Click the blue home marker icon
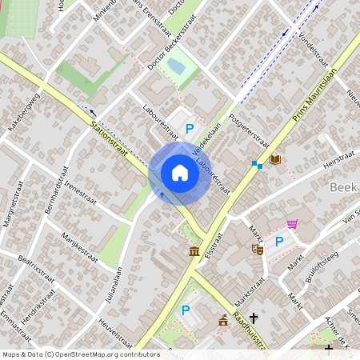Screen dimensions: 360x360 [x=179, y=174]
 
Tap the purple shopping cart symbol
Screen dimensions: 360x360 [x=293, y=224]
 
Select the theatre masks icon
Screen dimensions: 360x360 [x=258, y=250]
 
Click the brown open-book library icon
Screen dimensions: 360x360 [x=275, y=160]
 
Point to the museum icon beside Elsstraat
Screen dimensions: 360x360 [x=194, y=253]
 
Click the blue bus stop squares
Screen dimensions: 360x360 [x=257, y=164]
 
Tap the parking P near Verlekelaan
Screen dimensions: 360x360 [x=190, y=128]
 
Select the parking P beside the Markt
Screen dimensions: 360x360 [x=279, y=242]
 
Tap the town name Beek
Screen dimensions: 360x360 [x=342, y=187]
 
